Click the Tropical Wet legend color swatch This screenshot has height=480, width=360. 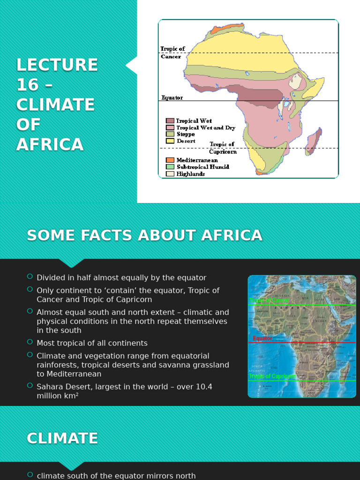170,121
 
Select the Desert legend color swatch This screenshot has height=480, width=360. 170,141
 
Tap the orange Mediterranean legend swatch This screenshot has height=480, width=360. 170,160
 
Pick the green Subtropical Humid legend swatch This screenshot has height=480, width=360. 170,167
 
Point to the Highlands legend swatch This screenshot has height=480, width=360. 170,174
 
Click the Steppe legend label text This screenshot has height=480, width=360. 185,134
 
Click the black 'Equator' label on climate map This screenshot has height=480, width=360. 172,98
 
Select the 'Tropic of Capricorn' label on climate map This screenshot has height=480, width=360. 223,148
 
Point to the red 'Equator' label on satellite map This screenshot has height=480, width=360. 262,338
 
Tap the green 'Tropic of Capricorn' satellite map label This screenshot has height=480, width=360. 272,376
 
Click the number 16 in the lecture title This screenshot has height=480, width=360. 27,85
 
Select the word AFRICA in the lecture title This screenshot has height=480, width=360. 50,145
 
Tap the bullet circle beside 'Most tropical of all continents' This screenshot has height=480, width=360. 30,342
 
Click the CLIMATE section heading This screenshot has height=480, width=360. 62,438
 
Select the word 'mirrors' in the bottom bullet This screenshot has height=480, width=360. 163,476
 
